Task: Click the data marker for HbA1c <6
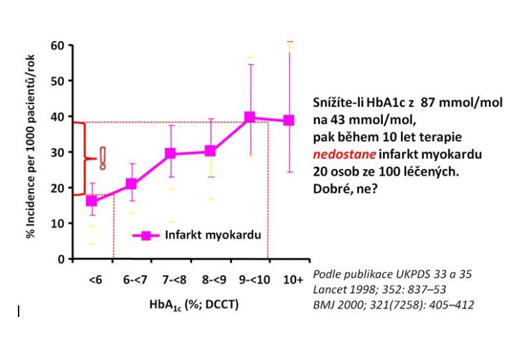pyautogui.click(x=92, y=201)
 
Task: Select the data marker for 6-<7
pyautogui.click(x=131, y=184)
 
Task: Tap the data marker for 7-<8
pyautogui.click(x=171, y=154)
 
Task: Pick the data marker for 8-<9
pyautogui.click(x=210, y=151)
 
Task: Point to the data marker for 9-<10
pyautogui.click(x=250, y=117)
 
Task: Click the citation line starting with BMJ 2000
pyautogui.click(x=394, y=305)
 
